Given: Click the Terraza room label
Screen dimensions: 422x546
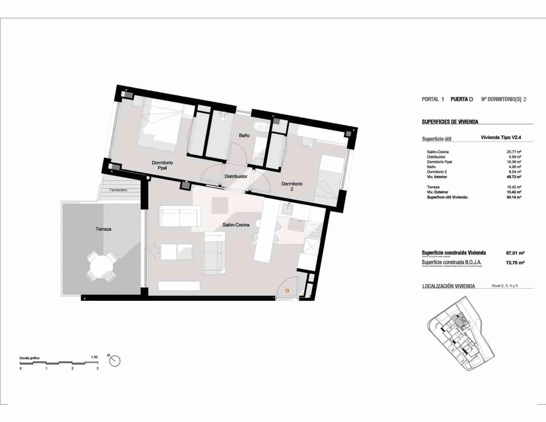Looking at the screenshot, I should pos(103,229).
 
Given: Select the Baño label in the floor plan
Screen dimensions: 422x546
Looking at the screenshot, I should pos(244,135).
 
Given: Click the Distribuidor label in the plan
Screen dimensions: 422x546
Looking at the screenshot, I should pos(236,176).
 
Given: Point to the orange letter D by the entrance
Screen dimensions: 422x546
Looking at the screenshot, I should pos(287,291).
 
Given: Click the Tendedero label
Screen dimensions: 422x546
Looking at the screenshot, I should pos(118,190).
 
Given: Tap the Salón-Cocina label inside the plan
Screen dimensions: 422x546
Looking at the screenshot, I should pos(236,225).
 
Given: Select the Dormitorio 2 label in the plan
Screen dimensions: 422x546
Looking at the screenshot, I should pos(292,186).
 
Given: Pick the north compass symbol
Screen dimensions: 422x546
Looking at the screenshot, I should pos(115,360).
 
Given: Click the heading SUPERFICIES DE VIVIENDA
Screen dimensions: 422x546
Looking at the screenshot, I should pos(450,122).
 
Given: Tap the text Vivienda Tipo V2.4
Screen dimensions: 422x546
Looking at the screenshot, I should pos(501,138).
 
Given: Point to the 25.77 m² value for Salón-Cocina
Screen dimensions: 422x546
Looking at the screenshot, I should pos(514,152).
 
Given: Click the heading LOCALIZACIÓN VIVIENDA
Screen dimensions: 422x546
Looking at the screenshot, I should pos(448,286).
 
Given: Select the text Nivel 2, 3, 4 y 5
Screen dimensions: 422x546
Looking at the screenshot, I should pos(505,286).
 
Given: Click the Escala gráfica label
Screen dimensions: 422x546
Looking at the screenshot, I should pos(30,358).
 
